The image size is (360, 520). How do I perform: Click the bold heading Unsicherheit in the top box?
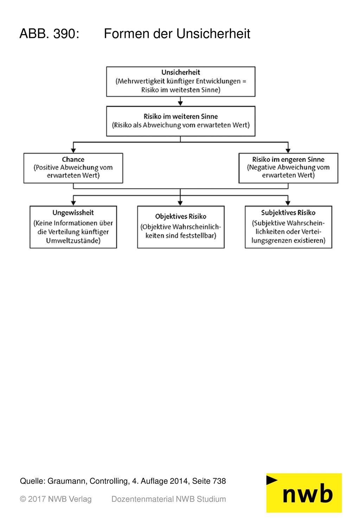(x=181, y=72)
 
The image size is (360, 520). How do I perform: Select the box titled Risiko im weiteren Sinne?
(x=181, y=121)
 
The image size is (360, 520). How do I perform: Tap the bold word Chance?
(x=73, y=159)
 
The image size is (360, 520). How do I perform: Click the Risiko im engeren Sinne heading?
(x=288, y=159)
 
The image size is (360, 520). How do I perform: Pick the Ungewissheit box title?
(x=73, y=212)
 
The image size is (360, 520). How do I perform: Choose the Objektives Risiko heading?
(x=181, y=216)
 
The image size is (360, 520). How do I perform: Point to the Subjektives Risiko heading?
(x=288, y=212)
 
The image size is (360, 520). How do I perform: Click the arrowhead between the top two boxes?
(x=180, y=103)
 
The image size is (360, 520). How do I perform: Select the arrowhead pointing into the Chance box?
(x=73, y=150)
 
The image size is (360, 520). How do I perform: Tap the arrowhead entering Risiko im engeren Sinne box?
(x=288, y=150)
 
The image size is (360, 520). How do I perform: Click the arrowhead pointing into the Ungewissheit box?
(x=73, y=203)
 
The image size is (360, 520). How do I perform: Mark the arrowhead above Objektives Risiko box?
(x=180, y=203)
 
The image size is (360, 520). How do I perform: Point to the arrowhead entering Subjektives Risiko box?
(x=288, y=203)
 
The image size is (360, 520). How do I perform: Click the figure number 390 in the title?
(x=66, y=34)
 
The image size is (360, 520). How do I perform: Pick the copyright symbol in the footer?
(x=23, y=499)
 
